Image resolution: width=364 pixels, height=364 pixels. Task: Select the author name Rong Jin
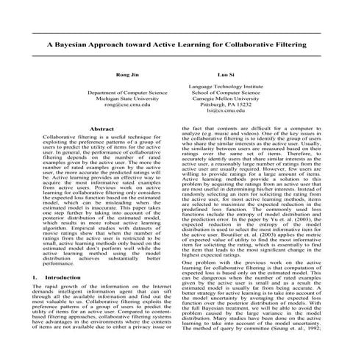(127, 74)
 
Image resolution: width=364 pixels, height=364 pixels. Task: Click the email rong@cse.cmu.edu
(127, 105)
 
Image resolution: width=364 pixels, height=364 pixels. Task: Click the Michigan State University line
(127, 99)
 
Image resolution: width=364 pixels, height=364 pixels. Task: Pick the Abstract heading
(101, 129)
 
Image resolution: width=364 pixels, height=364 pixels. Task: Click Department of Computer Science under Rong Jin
(127, 93)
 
